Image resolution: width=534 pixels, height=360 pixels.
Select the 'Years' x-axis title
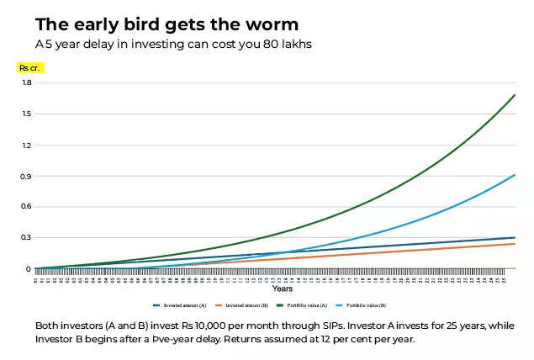click(283, 289)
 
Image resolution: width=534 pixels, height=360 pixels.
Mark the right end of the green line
click(515, 95)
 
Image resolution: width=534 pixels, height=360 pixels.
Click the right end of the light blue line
click(515, 175)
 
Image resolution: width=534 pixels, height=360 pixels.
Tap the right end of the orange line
click(515, 244)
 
